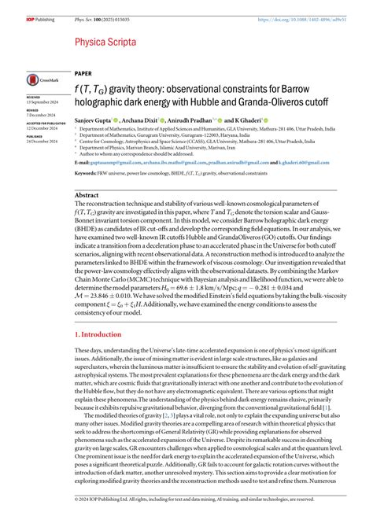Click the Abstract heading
[86, 193]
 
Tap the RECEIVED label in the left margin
[36, 98]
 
